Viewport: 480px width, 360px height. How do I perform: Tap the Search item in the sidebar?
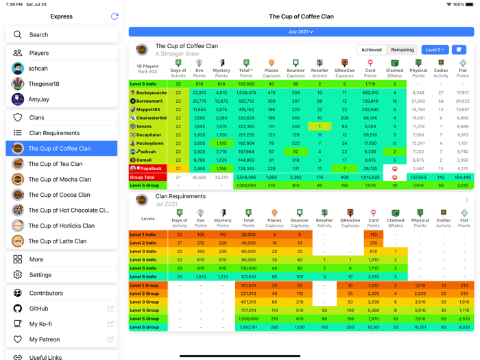tap(39, 34)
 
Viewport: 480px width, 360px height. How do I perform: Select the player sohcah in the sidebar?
tap(38, 69)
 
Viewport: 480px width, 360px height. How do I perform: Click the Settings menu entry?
tap(40, 275)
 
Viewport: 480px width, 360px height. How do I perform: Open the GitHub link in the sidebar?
tap(38, 309)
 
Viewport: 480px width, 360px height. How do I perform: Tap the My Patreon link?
tap(45, 339)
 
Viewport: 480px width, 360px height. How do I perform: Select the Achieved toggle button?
tap(372, 50)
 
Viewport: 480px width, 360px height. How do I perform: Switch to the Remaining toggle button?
tap(403, 50)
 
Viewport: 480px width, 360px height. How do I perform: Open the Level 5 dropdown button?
tap(434, 50)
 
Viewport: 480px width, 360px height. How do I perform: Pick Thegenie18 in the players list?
tap(43, 84)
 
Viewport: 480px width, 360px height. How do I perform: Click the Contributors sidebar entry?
tap(47, 293)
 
